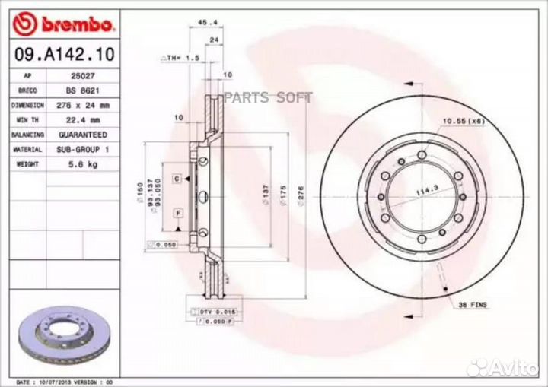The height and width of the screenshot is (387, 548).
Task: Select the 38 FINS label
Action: tap(474, 304)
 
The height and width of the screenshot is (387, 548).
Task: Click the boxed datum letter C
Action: tap(176, 177)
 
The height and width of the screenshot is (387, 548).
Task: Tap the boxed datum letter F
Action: tap(176, 212)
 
